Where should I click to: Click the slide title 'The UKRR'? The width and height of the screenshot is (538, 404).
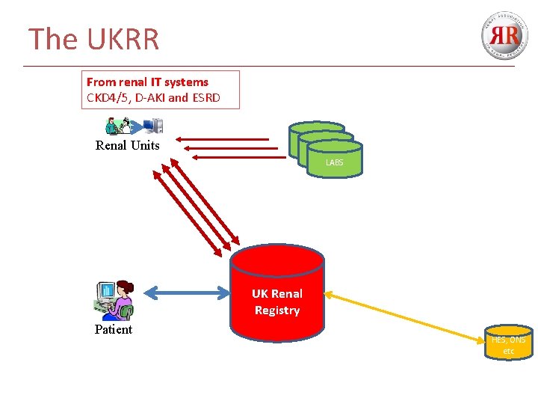click(93, 39)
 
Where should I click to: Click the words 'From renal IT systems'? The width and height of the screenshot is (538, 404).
click(147, 82)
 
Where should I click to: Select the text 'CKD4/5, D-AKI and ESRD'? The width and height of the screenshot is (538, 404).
click(153, 98)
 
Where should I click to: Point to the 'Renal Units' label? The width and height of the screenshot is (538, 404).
click(127, 145)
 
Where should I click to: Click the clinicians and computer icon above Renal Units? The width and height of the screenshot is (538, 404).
click(134, 126)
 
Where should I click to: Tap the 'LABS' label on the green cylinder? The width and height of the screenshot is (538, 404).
click(334, 162)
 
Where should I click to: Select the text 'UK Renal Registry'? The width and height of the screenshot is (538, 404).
click(276, 302)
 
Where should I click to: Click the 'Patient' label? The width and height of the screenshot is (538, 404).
click(113, 329)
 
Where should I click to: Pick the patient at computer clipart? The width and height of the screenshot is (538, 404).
click(114, 299)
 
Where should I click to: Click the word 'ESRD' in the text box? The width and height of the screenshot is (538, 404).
click(205, 98)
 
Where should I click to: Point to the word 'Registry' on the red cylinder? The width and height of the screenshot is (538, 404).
click(276, 310)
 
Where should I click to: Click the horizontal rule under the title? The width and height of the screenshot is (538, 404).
click(269, 66)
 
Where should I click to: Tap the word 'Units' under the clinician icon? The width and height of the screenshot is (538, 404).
click(145, 145)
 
